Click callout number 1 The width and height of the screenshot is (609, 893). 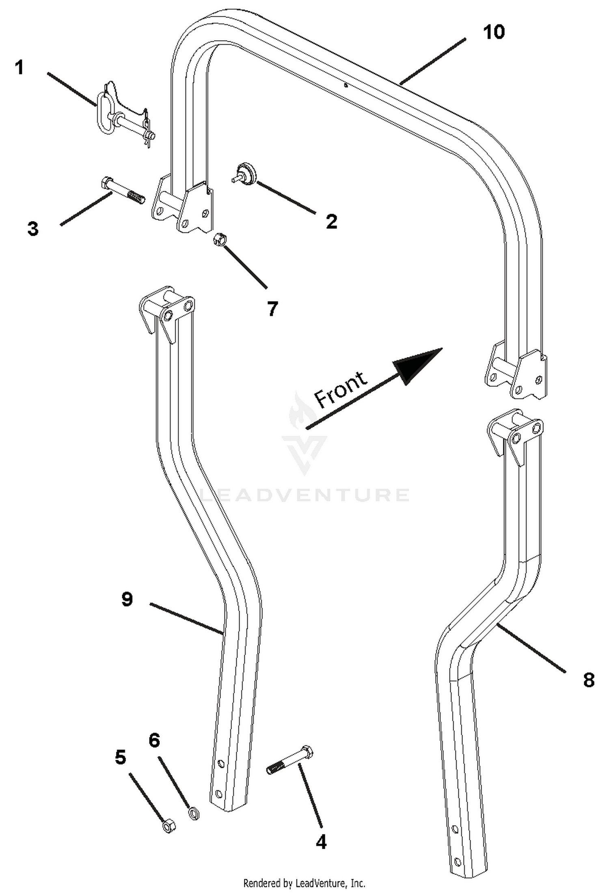click(x=19, y=68)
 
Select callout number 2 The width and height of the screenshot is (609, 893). click(x=331, y=222)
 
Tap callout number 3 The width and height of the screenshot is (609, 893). click(x=33, y=228)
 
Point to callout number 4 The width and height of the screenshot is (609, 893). click(x=321, y=842)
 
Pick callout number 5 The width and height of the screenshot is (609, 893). click(x=121, y=757)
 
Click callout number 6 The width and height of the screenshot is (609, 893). click(x=154, y=740)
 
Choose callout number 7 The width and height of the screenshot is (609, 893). click(x=272, y=309)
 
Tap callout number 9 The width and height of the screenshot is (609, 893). click(x=127, y=599)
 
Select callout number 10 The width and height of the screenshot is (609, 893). click(x=494, y=32)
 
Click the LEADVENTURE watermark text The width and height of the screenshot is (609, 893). click(x=305, y=495)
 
